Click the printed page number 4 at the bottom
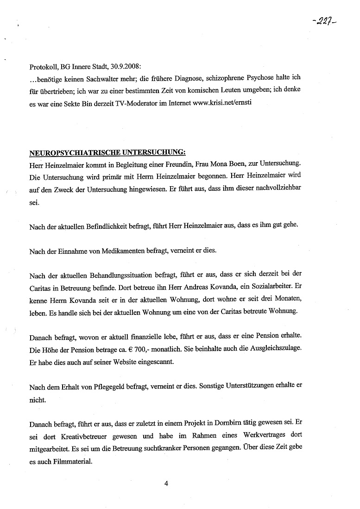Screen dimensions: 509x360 point(165,484)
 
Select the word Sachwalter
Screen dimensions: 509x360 point(96,78)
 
